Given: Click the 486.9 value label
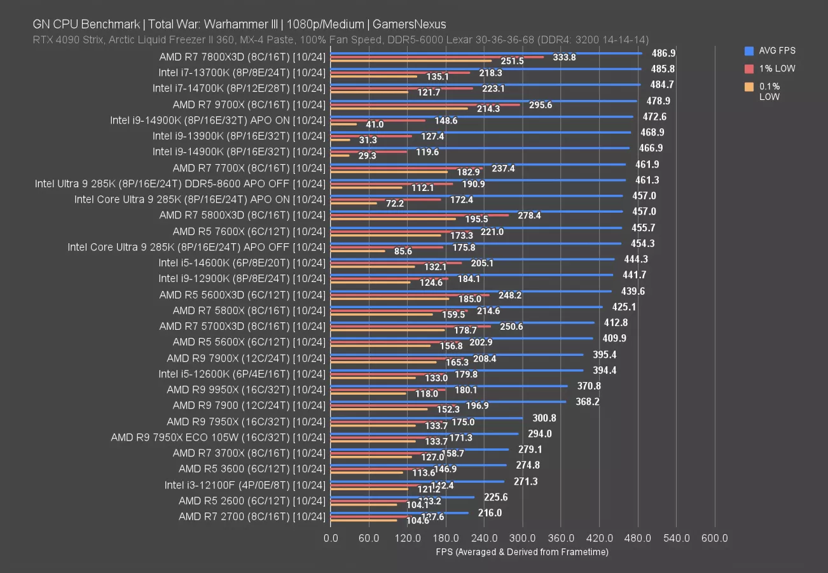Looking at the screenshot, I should (663, 53).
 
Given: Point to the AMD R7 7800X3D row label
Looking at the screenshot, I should (242, 57).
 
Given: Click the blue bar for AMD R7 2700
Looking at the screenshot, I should (399, 513).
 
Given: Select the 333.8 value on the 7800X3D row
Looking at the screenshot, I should (564, 57).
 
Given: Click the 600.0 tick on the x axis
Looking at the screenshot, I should (715, 539).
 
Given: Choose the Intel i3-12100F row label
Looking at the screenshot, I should (245, 485).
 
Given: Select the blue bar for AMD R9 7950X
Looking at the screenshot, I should (427, 418).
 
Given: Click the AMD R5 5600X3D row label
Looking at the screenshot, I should (242, 295).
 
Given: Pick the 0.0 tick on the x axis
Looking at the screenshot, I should (331, 539).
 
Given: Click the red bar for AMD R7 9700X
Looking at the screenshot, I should (425, 104).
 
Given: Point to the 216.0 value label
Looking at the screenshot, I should (490, 513).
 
